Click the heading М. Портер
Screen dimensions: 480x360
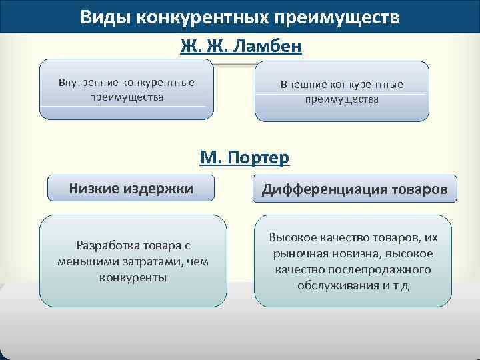[244, 157]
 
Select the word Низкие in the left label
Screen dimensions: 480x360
[95, 189]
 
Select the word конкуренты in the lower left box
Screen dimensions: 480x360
[133, 277]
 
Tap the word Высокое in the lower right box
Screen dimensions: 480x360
[293, 238]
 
